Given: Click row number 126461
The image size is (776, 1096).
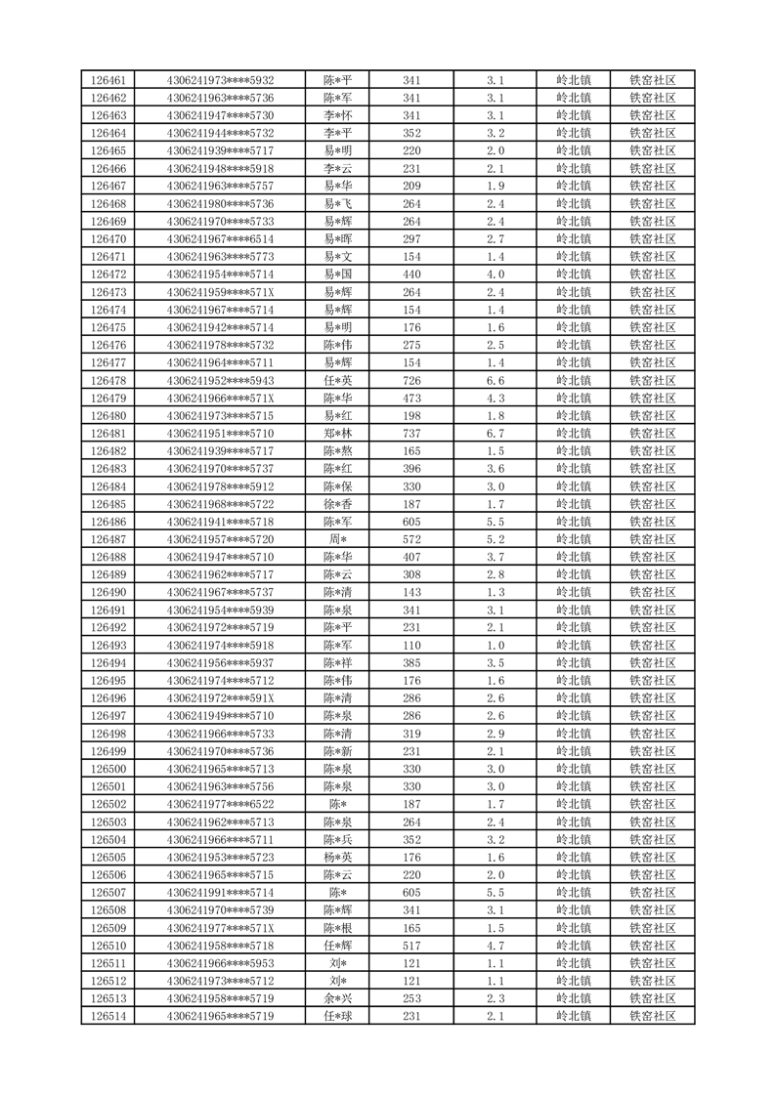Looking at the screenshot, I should click(x=108, y=80).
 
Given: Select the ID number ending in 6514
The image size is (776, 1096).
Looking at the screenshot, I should click(x=220, y=239).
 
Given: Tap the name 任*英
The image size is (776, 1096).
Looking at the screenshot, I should click(x=338, y=381).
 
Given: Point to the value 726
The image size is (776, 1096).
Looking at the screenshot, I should click(x=411, y=381).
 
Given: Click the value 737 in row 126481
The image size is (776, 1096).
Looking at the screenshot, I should click(x=411, y=434).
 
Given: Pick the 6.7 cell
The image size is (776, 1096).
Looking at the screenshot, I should click(x=495, y=434).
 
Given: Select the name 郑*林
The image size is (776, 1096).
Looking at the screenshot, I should click(x=338, y=434).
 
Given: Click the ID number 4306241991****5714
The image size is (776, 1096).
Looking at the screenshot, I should click(x=220, y=893).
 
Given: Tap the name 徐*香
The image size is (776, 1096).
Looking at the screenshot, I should click(x=338, y=504).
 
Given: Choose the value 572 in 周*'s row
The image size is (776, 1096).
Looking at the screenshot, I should click(x=411, y=539).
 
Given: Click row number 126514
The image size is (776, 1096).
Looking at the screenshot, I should click(x=108, y=1017).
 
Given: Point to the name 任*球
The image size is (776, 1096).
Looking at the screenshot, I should click(x=338, y=1017).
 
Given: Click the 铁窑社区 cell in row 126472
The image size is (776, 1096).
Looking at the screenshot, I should click(x=653, y=274).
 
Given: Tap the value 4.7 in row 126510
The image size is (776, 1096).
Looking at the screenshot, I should click(x=495, y=946).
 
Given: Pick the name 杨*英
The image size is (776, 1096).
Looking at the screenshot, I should click(x=338, y=858).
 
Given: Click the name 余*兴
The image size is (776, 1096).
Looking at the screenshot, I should click(x=338, y=999).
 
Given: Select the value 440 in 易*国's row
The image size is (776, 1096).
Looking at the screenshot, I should click(x=411, y=274).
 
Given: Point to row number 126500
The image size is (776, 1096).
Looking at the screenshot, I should click(x=108, y=769).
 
